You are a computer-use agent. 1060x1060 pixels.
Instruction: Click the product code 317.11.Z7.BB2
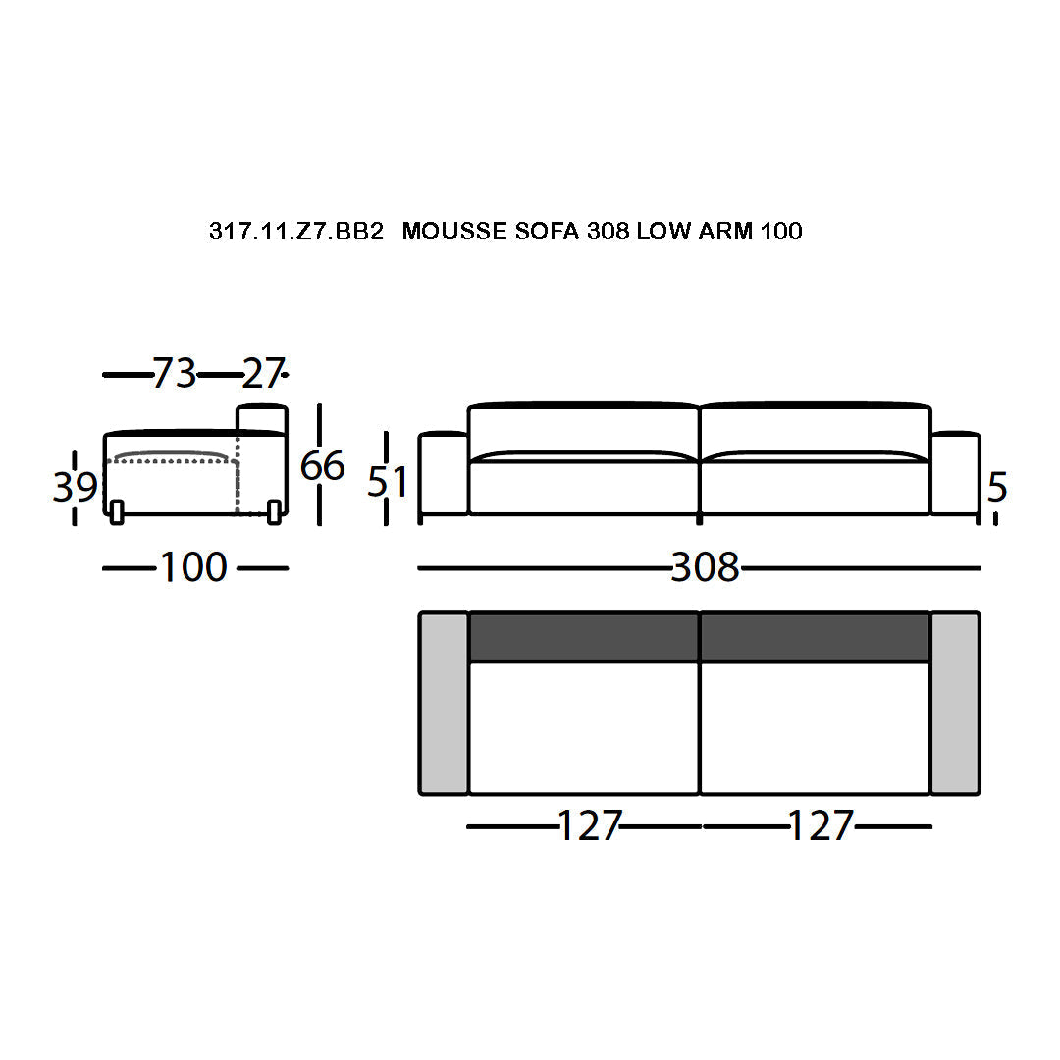pos(296,232)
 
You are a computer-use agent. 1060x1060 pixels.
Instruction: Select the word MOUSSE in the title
pos(454,232)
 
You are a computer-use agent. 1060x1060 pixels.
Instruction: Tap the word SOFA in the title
pos(547,232)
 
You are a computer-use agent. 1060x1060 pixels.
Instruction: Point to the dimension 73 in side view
pos(175,373)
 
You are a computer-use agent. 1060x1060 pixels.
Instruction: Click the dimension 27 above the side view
pos(263,373)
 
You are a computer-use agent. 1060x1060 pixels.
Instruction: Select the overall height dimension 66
pos(323,466)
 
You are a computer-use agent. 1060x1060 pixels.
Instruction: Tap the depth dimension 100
pos(193,567)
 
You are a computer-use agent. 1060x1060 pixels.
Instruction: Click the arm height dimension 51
pos(388,482)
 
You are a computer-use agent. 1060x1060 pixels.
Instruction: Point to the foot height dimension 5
pos(997,487)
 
